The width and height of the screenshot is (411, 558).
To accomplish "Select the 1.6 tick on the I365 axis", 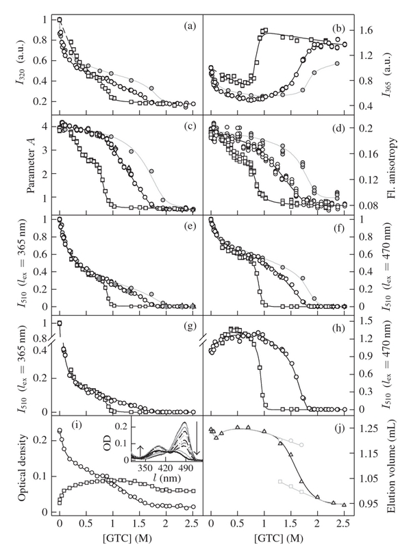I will [364, 31].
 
